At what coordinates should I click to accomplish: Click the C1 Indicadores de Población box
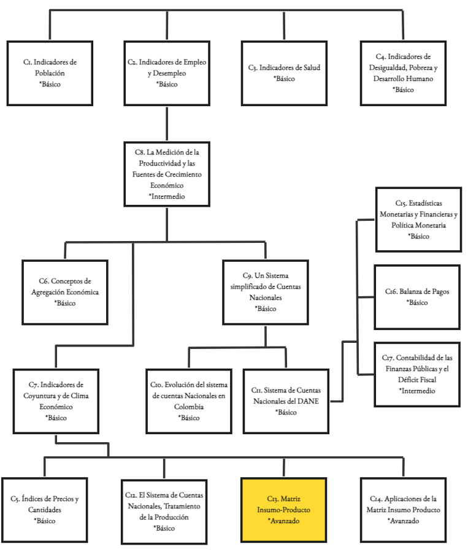coord(50,72)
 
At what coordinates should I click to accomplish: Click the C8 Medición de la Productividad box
coord(167,173)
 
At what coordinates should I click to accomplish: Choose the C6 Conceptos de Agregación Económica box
coord(64,292)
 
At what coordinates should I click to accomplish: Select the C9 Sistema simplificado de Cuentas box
coord(265,291)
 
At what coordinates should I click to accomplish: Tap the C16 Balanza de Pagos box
coord(417,297)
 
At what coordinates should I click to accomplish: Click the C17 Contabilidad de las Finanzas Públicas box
coord(417,374)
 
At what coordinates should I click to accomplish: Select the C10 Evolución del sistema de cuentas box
coord(189,401)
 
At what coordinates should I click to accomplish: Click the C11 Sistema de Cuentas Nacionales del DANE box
coord(286,401)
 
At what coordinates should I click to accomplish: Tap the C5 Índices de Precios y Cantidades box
coord(45,510)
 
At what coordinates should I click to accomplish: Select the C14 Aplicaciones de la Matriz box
coord(403,510)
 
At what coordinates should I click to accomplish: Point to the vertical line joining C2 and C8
coord(167,123)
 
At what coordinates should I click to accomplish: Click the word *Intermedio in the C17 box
coord(417,390)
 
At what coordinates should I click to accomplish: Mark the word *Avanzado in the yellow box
coord(284,521)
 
